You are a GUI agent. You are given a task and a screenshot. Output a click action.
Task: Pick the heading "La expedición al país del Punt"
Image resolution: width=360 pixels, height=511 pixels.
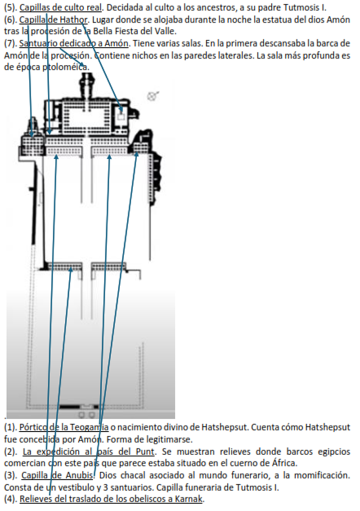[89, 452]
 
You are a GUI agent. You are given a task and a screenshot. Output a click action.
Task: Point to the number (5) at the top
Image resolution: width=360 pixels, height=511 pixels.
[10, 7]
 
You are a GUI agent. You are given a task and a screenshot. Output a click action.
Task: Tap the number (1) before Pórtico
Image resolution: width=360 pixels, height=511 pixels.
[10, 428]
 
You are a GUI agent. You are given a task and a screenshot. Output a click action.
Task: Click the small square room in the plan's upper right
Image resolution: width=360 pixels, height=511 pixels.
[121, 116]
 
